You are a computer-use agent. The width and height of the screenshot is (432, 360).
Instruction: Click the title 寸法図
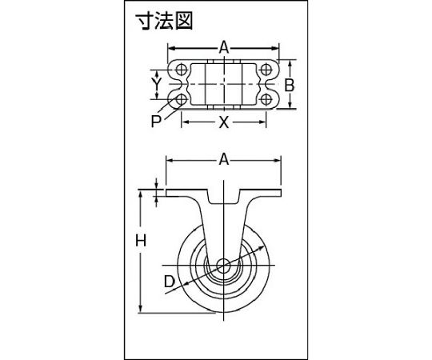click(164, 21)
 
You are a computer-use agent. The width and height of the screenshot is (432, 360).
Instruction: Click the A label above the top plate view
click(224, 48)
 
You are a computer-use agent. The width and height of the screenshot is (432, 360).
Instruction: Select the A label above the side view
click(224, 160)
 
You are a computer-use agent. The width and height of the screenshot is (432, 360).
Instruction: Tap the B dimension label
click(290, 85)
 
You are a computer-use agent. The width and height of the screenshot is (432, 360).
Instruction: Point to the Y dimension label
click(157, 84)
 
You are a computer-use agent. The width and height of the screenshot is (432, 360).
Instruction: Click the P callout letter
click(156, 121)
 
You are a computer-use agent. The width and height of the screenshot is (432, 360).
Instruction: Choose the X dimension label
click(224, 122)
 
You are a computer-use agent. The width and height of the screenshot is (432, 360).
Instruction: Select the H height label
click(141, 241)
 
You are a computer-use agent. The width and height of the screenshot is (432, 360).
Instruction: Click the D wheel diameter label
click(170, 282)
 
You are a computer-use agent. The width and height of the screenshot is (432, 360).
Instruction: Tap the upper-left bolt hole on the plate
click(181, 69)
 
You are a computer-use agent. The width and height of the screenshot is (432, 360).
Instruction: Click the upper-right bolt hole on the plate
click(266, 69)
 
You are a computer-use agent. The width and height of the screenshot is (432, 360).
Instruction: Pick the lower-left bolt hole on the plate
click(181, 99)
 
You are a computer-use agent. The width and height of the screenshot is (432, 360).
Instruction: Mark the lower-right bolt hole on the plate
click(266, 99)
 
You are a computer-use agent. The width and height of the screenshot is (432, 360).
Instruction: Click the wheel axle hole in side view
click(223, 266)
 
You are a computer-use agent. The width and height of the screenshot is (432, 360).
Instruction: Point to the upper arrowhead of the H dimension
click(141, 194)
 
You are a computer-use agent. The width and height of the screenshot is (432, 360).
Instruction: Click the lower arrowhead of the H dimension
click(141, 308)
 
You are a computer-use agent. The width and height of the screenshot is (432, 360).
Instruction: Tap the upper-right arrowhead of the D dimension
click(261, 248)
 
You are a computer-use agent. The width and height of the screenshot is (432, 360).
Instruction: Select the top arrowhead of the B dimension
click(290, 64)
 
